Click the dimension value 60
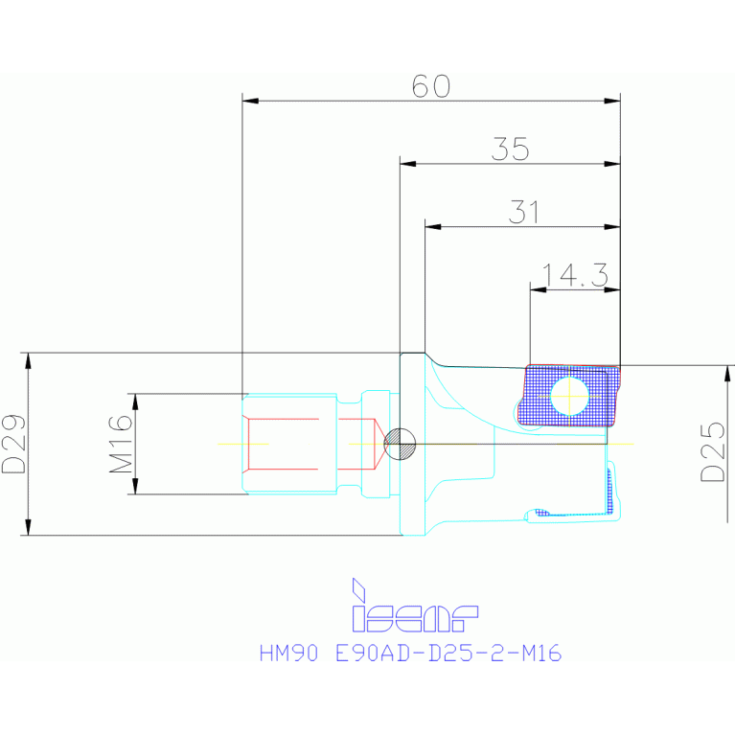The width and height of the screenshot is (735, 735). click(430, 85)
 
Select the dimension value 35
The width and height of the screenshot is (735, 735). click(510, 149)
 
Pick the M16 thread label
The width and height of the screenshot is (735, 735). click(120, 444)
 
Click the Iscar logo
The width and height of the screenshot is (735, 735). click(413, 608)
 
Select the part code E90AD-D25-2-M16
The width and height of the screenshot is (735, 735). click(447, 654)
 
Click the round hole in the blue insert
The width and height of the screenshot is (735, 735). click(569, 394)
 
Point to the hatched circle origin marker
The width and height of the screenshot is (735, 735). click(399, 444)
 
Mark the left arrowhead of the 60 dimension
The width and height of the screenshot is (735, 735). click(247, 100)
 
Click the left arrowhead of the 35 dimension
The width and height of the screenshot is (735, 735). click(405, 164)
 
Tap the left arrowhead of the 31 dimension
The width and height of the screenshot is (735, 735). click(430, 227)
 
